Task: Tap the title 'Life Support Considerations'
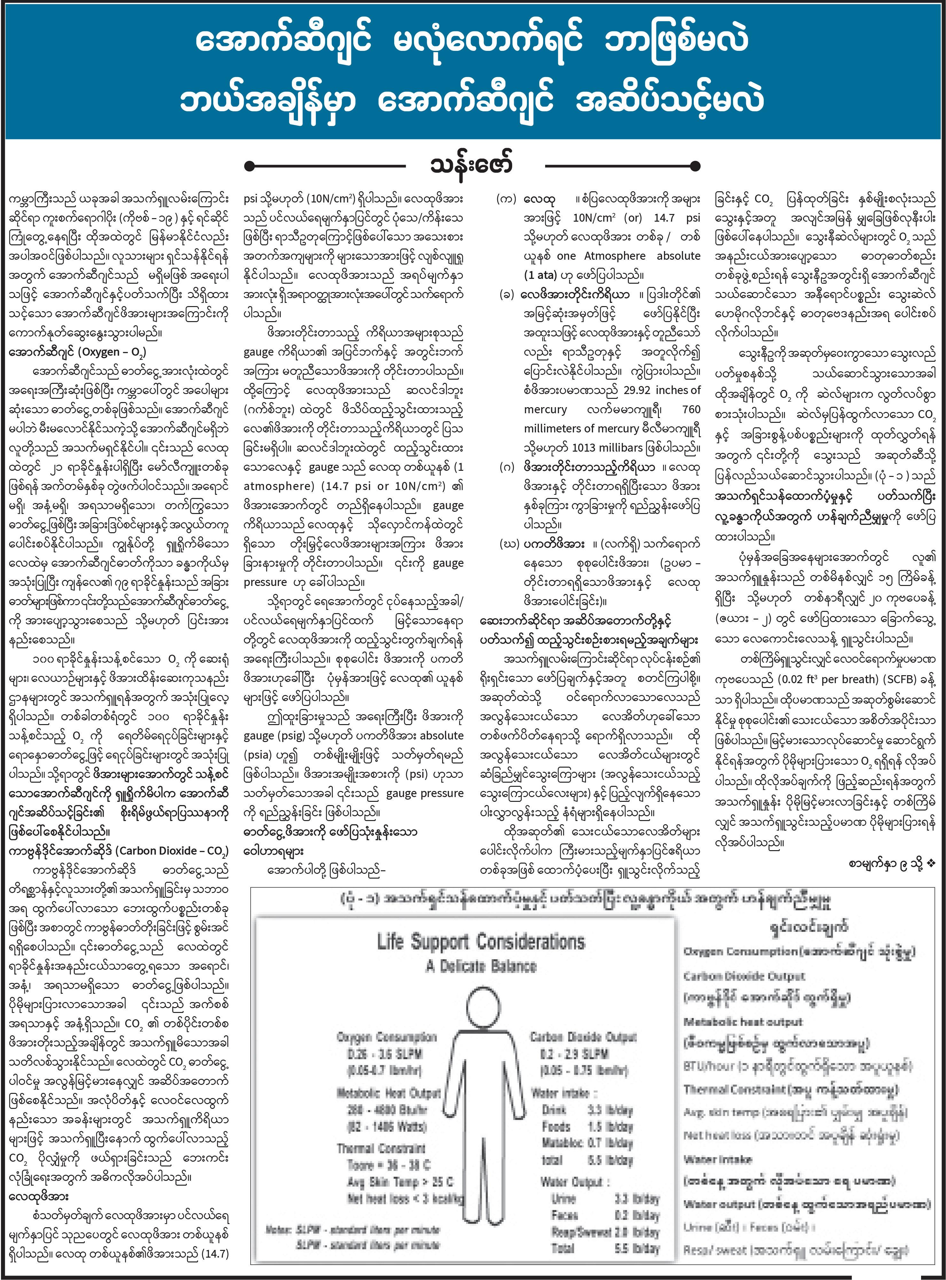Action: pyautogui.click(x=481, y=941)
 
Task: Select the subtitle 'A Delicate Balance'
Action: pyautogui.click(x=481, y=966)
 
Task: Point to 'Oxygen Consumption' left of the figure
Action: pyautogui.click(x=387, y=1037)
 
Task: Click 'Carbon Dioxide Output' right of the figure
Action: pyautogui.click(x=583, y=1037)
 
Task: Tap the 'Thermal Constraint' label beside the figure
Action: pyautogui.click(x=381, y=1148)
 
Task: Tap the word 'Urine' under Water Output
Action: pyautogui.click(x=564, y=1199)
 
